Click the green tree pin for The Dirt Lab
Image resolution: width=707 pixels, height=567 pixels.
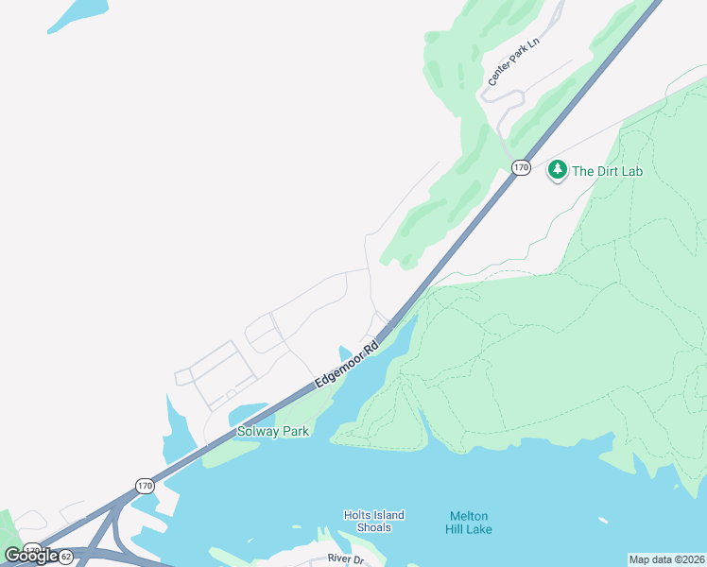click(558, 170)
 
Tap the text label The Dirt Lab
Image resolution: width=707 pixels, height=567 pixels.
click(607, 171)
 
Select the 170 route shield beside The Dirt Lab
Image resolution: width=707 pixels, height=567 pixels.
click(521, 167)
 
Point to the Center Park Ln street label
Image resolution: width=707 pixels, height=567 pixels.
click(511, 69)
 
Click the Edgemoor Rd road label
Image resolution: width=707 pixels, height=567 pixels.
click(347, 363)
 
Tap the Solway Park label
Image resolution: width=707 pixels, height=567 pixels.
click(272, 432)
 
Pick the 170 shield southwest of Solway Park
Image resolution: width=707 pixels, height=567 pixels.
click(144, 486)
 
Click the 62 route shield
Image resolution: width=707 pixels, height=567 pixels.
click(65, 557)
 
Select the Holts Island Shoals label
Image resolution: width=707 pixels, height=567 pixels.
click(373, 521)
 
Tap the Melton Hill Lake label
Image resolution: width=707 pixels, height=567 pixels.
click(469, 522)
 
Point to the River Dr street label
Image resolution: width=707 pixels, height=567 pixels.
click(345, 559)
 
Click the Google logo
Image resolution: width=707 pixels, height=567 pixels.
click(31, 555)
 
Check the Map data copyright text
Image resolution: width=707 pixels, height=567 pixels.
click(666, 559)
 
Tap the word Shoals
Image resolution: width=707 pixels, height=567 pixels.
click(373, 527)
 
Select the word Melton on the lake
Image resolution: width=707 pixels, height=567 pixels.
click(469, 516)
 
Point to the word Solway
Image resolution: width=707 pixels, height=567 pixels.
click(257, 432)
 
